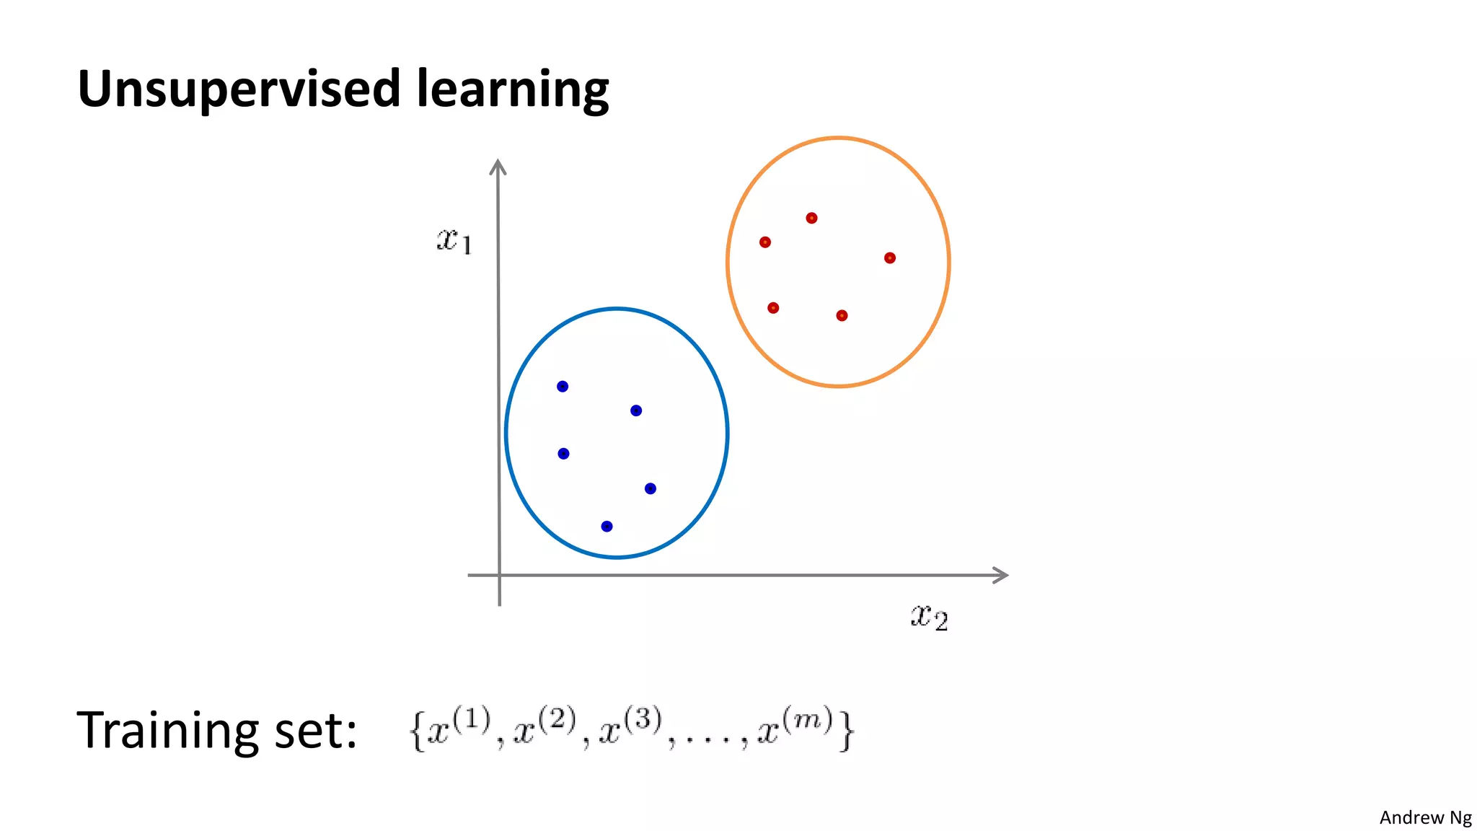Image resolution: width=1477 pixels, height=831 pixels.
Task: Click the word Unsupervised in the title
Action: pyautogui.click(x=238, y=89)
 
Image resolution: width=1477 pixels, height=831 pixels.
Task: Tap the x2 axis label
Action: pyautogui.click(x=929, y=617)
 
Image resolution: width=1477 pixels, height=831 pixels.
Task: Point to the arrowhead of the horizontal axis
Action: pyautogui.click(x=1001, y=575)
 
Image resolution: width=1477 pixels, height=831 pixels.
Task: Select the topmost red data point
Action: pyautogui.click(x=811, y=218)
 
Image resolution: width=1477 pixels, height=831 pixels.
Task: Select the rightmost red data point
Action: pyautogui.click(x=890, y=258)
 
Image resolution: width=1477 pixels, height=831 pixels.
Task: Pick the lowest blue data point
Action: pyautogui.click(x=607, y=527)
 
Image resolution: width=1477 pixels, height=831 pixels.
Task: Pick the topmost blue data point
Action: pyautogui.click(x=563, y=387)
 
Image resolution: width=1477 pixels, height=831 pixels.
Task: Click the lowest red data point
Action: pyautogui.click(x=842, y=315)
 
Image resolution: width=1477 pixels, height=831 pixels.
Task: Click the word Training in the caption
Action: pyautogui.click(x=167, y=731)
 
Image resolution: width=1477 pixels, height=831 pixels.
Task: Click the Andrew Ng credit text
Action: pyautogui.click(x=1425, y=817)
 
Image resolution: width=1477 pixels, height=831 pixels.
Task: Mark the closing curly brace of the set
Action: pyautogui.click(x=847, y=731)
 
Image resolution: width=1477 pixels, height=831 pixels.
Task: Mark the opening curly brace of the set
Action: pyautogui.click(x=416, y=731)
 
